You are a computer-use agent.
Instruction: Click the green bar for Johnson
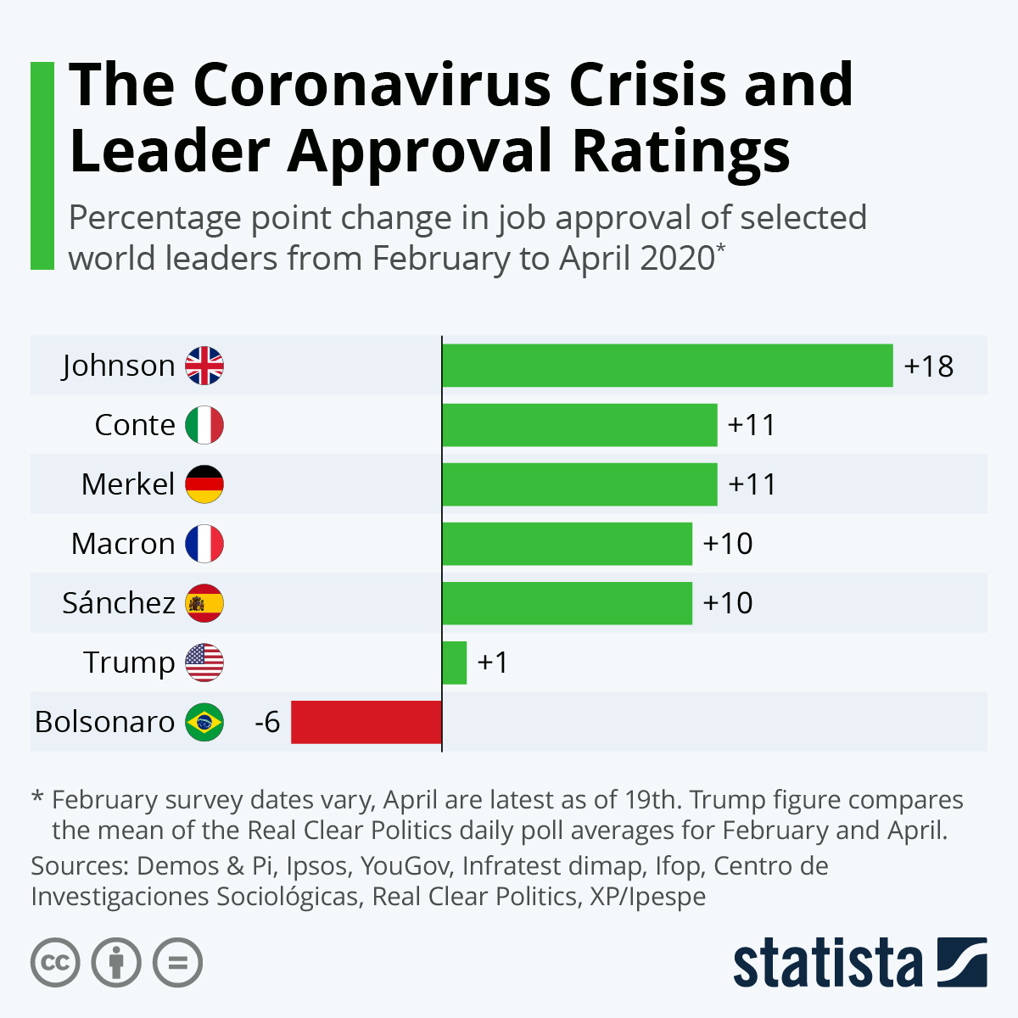[667, 366]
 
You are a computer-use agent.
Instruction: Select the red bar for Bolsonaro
[366, 722]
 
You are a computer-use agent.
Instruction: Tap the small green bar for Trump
[454, 663]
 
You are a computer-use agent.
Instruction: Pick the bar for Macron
[567, 544]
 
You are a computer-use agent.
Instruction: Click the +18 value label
[929, 366]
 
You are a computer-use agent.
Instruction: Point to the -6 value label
[267, 722]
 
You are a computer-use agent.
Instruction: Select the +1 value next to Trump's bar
[493, 663]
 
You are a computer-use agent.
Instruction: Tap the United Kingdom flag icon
[204, 366]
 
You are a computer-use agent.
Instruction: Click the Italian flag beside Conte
[204, 425]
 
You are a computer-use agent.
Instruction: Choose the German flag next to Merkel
[204, 484]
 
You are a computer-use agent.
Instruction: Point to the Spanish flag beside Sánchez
[204, 603]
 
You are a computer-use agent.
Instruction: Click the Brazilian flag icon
[204, 722]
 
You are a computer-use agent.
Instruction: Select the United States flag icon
[204, 663]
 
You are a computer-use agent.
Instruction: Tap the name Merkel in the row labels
[128, 484]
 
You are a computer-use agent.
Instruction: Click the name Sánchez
[119, 603]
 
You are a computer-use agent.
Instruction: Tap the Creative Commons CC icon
[55, 963]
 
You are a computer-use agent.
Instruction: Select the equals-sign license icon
[178, 963]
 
